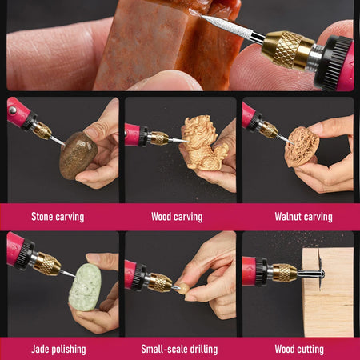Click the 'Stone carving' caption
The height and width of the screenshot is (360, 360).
(x=58, y=217)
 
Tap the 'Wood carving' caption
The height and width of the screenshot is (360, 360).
(x=177, y=217)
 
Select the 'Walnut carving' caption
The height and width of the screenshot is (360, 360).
(x=303, y=217)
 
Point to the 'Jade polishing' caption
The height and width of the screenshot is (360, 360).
(x=58, y=349)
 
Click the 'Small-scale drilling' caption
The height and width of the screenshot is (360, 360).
(x=179, y=349)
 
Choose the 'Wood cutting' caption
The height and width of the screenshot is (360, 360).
(x=299, y=349)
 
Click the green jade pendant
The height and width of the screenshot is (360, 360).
(x=85, y=287)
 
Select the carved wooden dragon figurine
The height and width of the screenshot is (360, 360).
(x=203, y=143)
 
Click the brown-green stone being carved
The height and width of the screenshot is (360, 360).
(x=78, y=155)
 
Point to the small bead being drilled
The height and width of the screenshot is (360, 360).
(x=183, y=289)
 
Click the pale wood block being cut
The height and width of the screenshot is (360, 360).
(x=329, y=292)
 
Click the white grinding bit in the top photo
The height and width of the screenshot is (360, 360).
(x=227, y=27)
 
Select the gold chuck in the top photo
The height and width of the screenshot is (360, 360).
(x=286, y=50)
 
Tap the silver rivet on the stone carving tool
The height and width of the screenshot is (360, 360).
(x=12, y=110)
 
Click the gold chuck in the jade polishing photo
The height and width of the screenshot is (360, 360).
(x=46, y=264)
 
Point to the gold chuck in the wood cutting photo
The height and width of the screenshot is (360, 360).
(x=284, y=273)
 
